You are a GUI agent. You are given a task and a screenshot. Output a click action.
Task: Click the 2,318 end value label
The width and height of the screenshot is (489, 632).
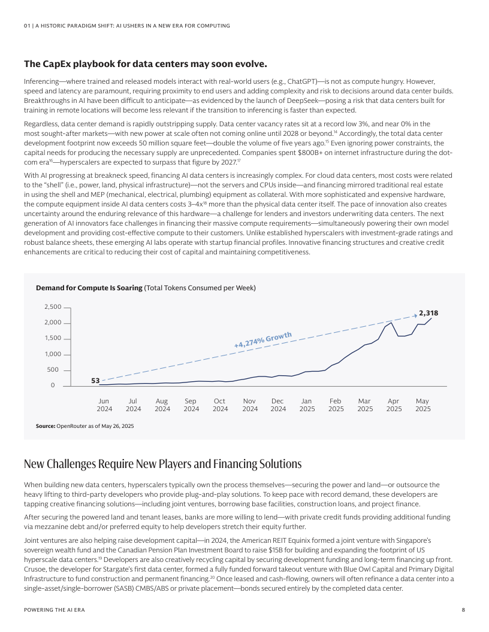tap(428, 313)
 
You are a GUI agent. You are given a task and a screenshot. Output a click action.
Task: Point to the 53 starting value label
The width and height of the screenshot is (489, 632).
tap(95, 380)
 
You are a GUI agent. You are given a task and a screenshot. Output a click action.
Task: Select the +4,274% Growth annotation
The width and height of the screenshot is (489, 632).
tap(262, 340)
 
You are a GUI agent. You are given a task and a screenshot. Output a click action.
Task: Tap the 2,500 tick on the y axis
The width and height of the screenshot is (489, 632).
tap(53, 307)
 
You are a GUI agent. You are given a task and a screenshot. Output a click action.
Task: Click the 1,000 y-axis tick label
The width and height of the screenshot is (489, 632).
tap(53, 354)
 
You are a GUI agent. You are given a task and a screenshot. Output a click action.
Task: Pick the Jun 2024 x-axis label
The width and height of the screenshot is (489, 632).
tap(104, 405)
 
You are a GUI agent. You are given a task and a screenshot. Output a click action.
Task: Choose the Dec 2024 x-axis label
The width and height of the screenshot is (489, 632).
tap(278, 405)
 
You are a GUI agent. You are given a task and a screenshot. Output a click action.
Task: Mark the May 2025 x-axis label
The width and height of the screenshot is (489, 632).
tap(422, 405)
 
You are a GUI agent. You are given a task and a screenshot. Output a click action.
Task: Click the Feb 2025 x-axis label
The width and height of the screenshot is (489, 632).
tap(336, 405)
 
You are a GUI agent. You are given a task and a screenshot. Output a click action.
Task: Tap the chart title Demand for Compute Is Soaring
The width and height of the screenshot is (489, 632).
tap(89, 288)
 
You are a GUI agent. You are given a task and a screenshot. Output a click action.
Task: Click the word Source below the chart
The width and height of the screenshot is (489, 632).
tap(45, 426)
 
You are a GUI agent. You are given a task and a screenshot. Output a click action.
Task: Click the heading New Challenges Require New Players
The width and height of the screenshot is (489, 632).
tap(162, 464)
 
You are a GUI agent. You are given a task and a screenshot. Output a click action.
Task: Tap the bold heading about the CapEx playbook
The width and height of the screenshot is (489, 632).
tap(145, 64)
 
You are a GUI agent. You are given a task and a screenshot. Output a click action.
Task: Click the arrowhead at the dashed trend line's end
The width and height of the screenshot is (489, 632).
tap(415, 315)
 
